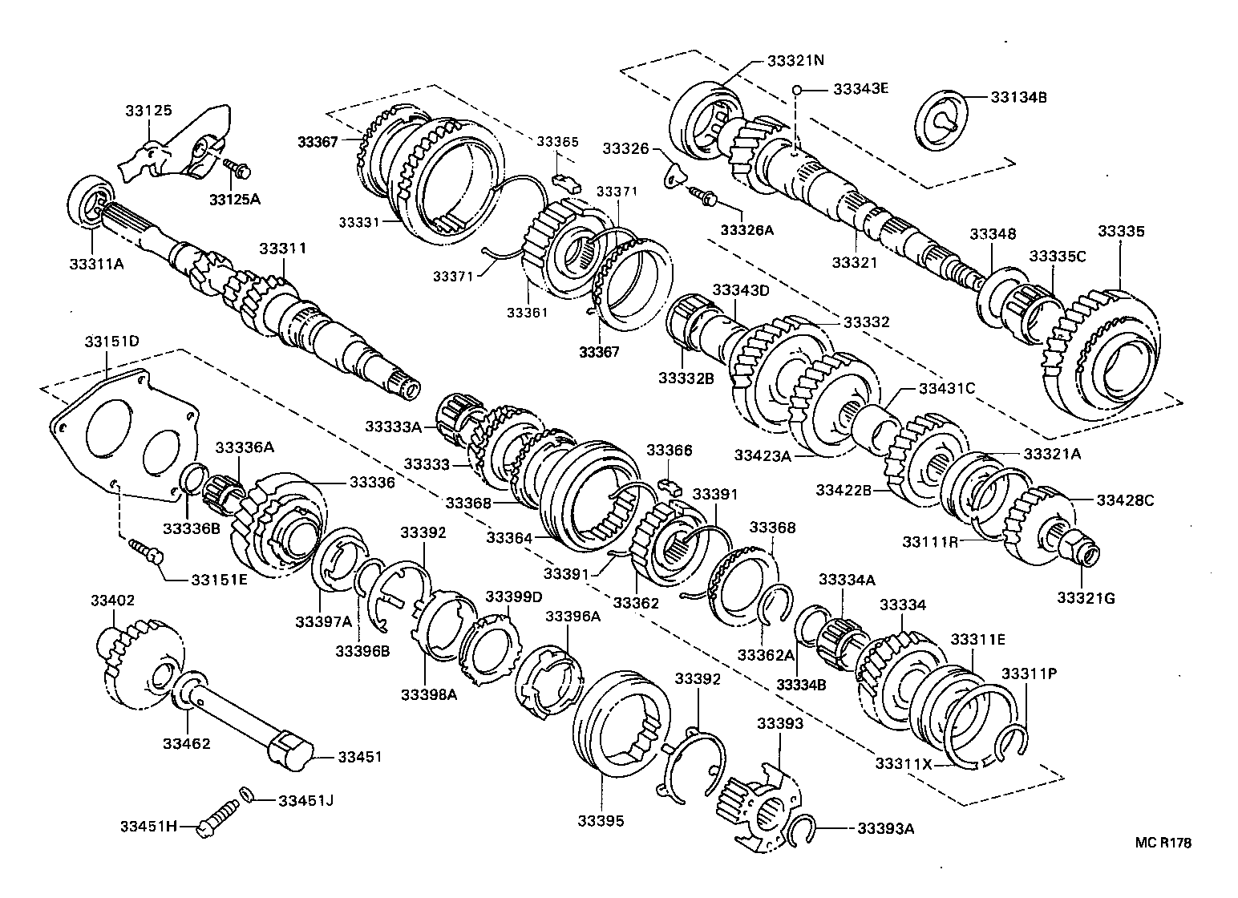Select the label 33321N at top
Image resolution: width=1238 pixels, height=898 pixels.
pos(795,61)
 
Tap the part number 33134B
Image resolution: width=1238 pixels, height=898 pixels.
pos(1018,97)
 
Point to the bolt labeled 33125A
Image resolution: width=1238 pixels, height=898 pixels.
pos(238,169)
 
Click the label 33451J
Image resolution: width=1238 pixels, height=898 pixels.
pos(305,799)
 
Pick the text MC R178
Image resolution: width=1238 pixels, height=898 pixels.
pos(1163,843)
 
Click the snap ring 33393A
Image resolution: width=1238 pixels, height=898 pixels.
pos(803,831)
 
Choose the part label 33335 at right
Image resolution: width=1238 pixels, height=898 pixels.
pos(1120,232)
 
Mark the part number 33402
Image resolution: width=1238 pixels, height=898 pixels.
pos(112,601)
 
